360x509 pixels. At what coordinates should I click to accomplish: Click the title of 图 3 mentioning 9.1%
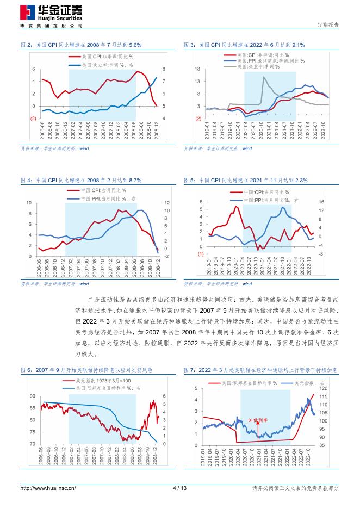[x=244, y=45]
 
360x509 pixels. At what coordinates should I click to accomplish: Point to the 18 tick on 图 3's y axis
[x=198, y=69]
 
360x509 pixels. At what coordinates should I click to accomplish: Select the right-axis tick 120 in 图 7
[x=325, y=389]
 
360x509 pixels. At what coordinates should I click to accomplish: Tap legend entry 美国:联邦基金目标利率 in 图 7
[x=250, y=384]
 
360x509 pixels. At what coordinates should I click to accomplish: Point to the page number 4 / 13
[x=179, y=488]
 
